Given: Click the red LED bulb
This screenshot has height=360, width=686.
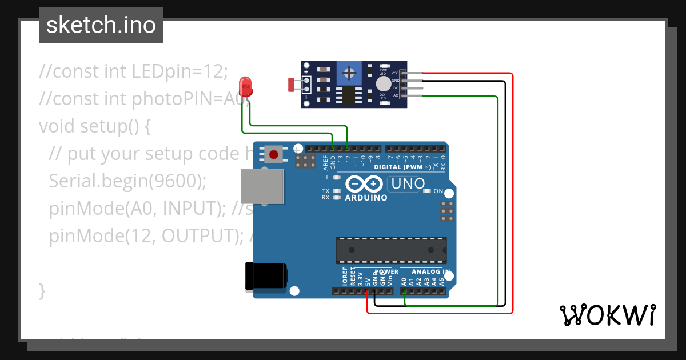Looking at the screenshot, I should [246, 86].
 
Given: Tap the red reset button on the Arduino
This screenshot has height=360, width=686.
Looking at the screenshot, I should [274, 154].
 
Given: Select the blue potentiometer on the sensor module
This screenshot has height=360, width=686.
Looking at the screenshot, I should [348, 73].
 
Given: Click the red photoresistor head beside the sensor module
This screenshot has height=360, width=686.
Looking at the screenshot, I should [291, 85].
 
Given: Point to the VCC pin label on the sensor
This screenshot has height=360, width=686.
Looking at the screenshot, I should [394, 73].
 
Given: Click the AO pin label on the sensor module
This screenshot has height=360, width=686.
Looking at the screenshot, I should [396, 95].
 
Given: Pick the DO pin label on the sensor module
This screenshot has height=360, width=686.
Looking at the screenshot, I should [396, 88].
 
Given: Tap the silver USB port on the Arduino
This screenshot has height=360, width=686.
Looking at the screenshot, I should [262, 186].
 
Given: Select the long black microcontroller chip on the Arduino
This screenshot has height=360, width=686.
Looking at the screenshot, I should [391, 250].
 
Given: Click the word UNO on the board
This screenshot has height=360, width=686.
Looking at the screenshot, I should [406, 184].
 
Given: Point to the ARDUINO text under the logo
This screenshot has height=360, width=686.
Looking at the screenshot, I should [366, 198].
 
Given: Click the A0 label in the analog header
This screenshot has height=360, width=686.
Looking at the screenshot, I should [404, 281].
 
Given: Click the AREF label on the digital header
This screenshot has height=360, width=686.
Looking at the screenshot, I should [325, 163].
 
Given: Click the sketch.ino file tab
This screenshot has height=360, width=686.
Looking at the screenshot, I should [101, 25].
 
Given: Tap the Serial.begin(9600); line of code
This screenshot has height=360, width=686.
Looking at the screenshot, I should [127, 181].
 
